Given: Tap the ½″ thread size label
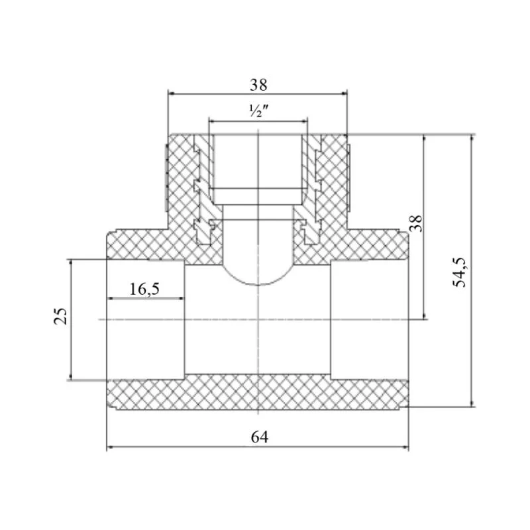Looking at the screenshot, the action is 258,111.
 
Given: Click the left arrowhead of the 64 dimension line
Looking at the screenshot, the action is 111,448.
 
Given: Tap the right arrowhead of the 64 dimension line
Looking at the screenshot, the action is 405,448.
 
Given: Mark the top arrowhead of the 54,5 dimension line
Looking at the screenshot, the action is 472,139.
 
